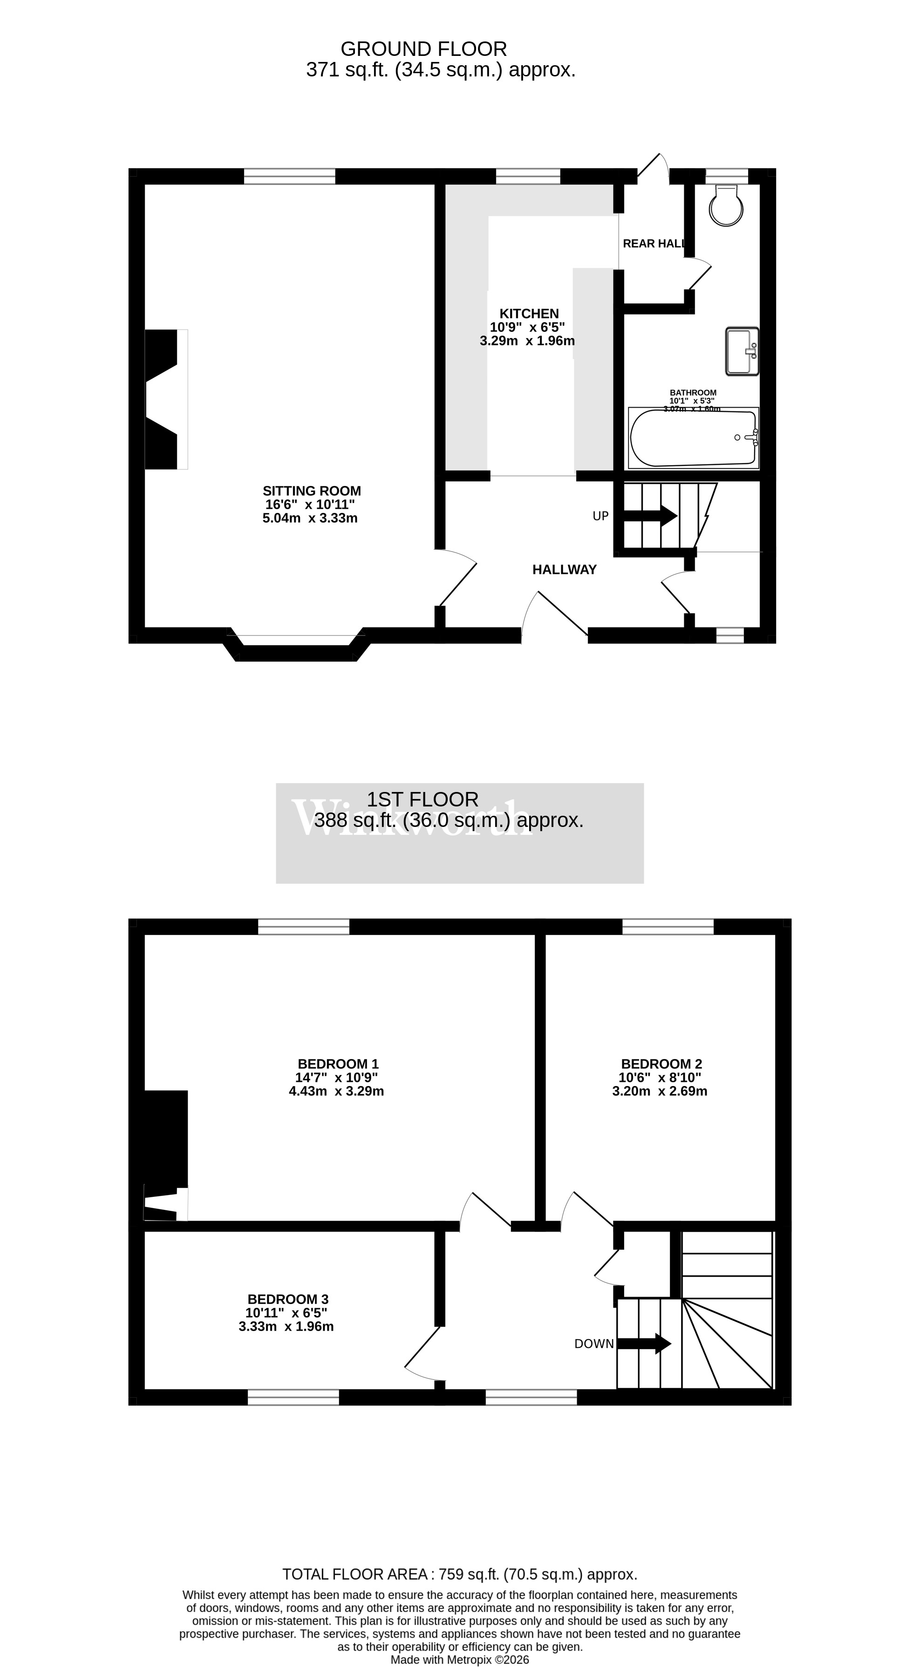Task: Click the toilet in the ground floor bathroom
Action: click(x=726, y=206)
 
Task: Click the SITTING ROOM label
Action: click(x=312, y=491)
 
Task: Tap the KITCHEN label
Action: click(x=529, y=314)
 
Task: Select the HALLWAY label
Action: click(x=564, y=569)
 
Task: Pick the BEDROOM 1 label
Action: click(x=338, y=1064)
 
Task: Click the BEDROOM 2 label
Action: click(x=661, y=1064)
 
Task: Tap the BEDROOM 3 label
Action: click(x=288, y=1299)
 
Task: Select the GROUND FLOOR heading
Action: click(x=424, y=49)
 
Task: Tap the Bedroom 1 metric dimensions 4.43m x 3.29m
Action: click(x=336, y=1091)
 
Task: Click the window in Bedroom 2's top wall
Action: click(x=668, y=927)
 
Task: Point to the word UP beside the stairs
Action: click(x=600, y=516)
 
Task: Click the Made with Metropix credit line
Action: click(x=459, y=1655)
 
